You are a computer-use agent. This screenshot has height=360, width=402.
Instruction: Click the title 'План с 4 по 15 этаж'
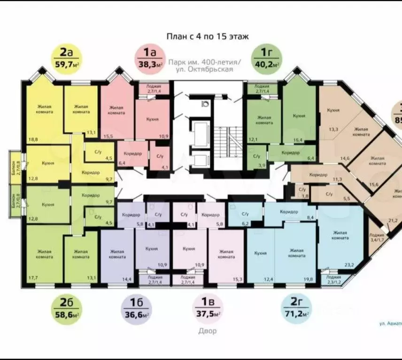[208, 36]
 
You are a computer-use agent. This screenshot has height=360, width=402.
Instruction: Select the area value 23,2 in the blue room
[349, 265]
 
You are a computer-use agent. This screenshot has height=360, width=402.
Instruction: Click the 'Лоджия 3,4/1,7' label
[377, 237]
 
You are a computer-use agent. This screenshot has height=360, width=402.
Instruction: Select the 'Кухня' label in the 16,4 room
[299, 116]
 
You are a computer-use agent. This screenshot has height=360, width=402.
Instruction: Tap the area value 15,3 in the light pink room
[236, 280]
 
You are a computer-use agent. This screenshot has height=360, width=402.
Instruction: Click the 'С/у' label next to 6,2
[245, 214]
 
